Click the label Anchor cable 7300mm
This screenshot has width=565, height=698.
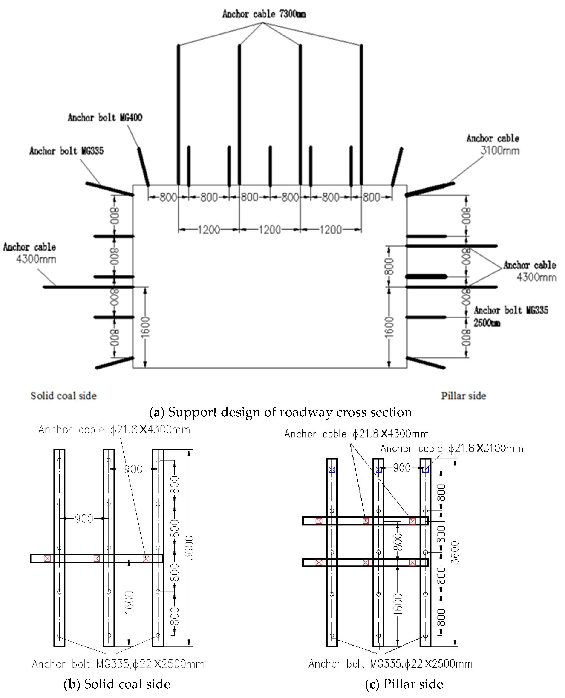click(x=264, y=14)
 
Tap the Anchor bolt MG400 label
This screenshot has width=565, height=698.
click(x=105, y=118)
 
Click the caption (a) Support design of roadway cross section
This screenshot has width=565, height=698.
click(x=281, y=412)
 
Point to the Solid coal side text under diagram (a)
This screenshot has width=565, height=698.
click(x=63, y=396)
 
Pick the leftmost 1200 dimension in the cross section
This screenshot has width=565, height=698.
click(x=209, y=230)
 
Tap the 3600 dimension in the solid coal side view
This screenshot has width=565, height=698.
click(x=189, y=548)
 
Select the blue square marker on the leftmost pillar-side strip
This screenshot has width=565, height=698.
click(x=332, y=469)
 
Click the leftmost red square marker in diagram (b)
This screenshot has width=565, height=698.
click(x=47, y=558)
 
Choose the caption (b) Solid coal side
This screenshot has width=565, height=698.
click(x=117, y=684)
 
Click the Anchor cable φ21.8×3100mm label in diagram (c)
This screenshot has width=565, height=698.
click(x=452, y=448)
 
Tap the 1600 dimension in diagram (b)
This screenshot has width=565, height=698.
click(x=129, y=602)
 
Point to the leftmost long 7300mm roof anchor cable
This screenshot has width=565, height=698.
click(x=178, y=114)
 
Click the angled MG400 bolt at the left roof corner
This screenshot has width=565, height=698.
click(x=144, y=167)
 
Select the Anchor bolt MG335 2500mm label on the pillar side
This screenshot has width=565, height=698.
click(x=510, y=316)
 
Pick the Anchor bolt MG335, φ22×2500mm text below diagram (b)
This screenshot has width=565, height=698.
click(x=118, y=664)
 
